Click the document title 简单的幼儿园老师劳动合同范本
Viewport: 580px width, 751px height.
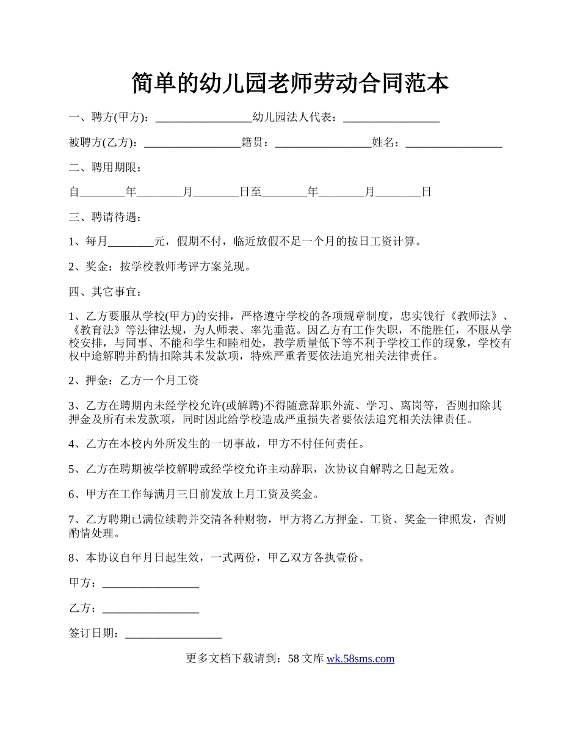[x=290, y=84]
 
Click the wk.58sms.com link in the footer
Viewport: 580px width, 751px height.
[x=360, y=659]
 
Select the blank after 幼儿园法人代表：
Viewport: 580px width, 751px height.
[x=391, y=118]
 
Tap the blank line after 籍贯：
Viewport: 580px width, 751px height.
[x=323, y=143]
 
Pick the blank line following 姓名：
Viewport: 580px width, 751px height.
[x=454, y=143]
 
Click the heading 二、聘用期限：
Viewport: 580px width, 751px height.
[x=106, y=167]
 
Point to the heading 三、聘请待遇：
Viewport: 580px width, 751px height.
[x=106, y=217]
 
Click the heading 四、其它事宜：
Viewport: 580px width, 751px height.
[x=106, y=291]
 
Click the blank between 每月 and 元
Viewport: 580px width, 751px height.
[x=131, y=242]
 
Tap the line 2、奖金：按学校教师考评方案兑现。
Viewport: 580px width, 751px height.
[x=160, y=267]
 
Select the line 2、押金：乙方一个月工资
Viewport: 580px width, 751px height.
[x=134, y=380]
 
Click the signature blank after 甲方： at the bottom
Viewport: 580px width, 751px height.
[x=151, y=584]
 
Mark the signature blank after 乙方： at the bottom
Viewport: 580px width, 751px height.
[x=151, y=609]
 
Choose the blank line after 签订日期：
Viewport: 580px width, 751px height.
[x=173, y=634]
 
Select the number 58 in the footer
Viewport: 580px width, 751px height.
[x=293, y=659]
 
